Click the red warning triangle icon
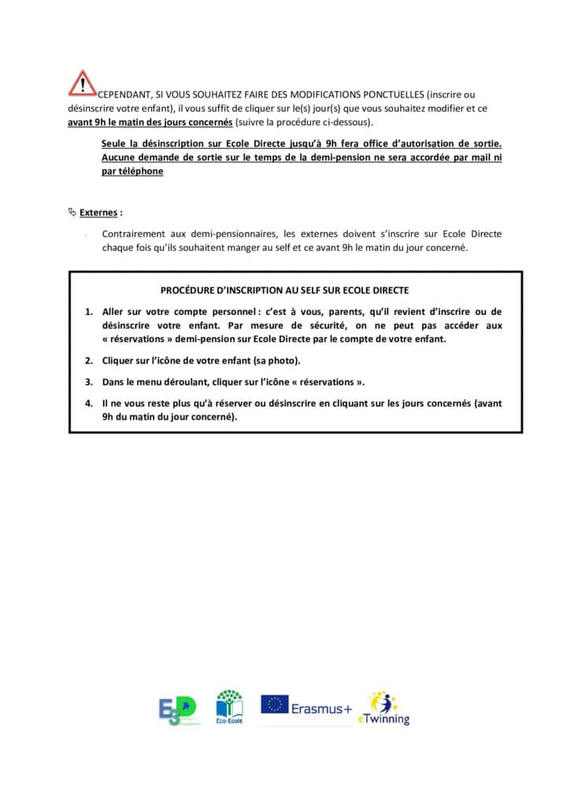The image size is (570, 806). click(x=82, y=83)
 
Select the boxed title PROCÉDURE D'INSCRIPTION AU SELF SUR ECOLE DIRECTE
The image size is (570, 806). click(x=295, y=290)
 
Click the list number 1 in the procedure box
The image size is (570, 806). click(x=89, y=312)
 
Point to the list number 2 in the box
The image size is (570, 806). click(x=89, y=360)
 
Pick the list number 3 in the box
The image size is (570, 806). click(x=89, y=382)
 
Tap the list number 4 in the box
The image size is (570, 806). click(x=89, y=403)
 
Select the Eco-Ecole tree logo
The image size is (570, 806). click(x=229, y=706)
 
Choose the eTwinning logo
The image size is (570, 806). click(x=384, y=708)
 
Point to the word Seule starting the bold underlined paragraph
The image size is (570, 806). click(x=115, y=145)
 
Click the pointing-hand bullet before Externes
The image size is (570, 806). click(x=72, y=212)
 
